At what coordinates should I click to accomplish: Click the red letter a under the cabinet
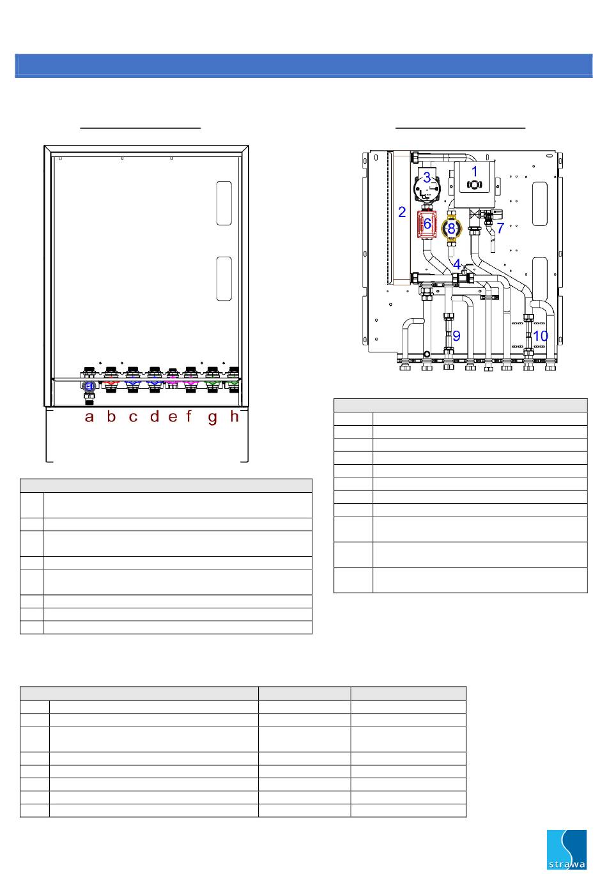pos(89,417)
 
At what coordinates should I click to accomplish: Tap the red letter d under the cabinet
pos(155,416)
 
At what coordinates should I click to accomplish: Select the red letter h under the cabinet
pos(234,416)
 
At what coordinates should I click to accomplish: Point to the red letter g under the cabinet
pos(213,418)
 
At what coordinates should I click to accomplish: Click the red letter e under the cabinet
pos(173,417)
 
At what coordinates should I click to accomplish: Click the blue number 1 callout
pos(475,171)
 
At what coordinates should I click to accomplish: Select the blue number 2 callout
pos(402,212)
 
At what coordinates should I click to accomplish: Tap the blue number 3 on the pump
pos(427,177)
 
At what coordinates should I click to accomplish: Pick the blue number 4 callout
pos(457,264)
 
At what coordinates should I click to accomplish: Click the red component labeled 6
pos(427,224)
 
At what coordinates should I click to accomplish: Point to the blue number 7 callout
pos(500,227)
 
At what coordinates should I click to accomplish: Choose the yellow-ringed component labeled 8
pos(451,229)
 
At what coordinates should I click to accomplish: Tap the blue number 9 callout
pos(456,336)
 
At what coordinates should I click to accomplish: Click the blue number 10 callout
pos(541,336)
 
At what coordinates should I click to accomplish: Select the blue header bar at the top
pos(303,66)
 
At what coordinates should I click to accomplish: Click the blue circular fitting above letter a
pos(89,386)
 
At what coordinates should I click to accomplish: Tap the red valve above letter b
pos(111,384)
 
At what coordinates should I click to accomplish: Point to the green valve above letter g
pos(212,384)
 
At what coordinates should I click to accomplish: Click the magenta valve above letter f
pos(190,384)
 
